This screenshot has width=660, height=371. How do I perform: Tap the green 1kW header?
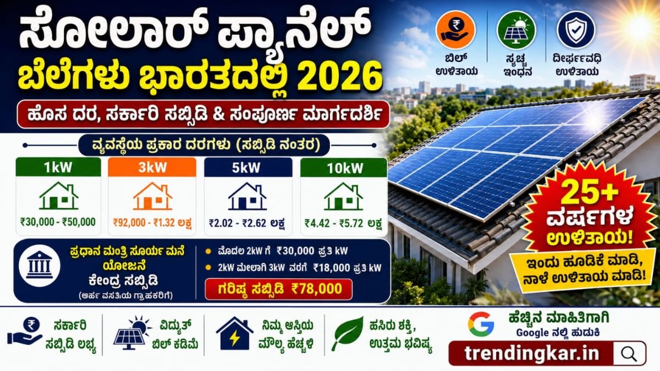58,167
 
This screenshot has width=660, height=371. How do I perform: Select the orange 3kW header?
152,167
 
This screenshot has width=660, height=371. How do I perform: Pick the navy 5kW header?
248,167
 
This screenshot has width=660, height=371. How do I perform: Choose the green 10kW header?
344,168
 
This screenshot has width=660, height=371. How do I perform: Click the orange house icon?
152,196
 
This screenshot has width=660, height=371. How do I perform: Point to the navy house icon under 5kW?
247,196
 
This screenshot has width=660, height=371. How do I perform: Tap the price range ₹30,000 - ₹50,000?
58,222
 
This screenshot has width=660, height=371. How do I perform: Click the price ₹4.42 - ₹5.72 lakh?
343,223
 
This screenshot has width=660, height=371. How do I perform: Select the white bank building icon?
40,265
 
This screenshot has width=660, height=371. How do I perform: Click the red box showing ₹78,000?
278,289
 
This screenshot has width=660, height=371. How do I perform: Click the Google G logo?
481,324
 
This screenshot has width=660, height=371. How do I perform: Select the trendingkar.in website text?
532,353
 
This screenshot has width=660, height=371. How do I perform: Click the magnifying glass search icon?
629,354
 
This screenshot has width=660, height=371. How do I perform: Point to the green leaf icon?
348,334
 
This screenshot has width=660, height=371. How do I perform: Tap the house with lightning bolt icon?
234,333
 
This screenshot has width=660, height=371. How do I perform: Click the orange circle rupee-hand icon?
456,30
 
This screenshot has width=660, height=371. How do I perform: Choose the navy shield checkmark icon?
576,30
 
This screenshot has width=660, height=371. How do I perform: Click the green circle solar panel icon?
516,30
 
